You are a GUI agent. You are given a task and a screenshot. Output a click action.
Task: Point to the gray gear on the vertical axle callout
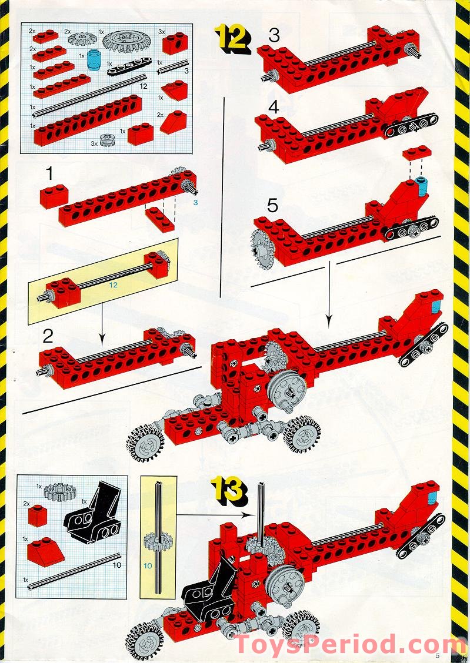(157, 541)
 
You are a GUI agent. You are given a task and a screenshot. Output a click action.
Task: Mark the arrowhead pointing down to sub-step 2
(101, 340)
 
